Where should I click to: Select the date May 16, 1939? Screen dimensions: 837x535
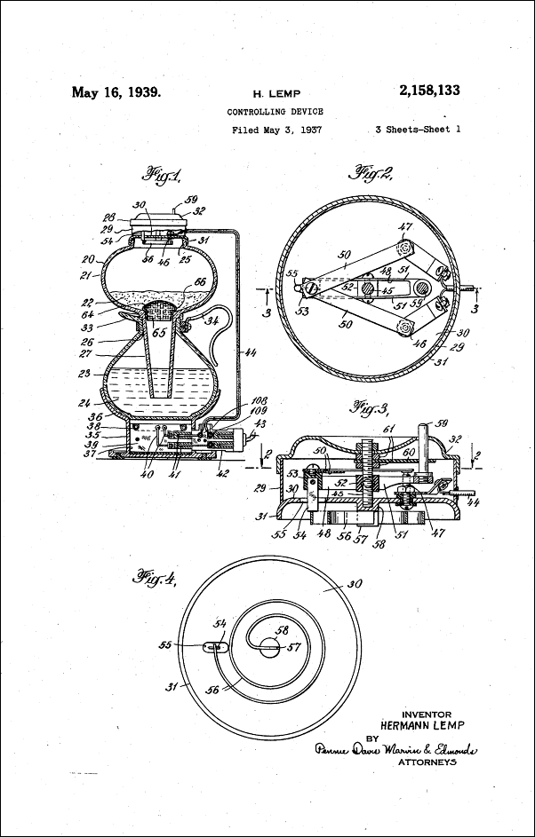(x=116, y=91)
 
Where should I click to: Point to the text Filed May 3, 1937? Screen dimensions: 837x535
(x=276, y=130)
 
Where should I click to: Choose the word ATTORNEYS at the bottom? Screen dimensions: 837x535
(x=426, y=762)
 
